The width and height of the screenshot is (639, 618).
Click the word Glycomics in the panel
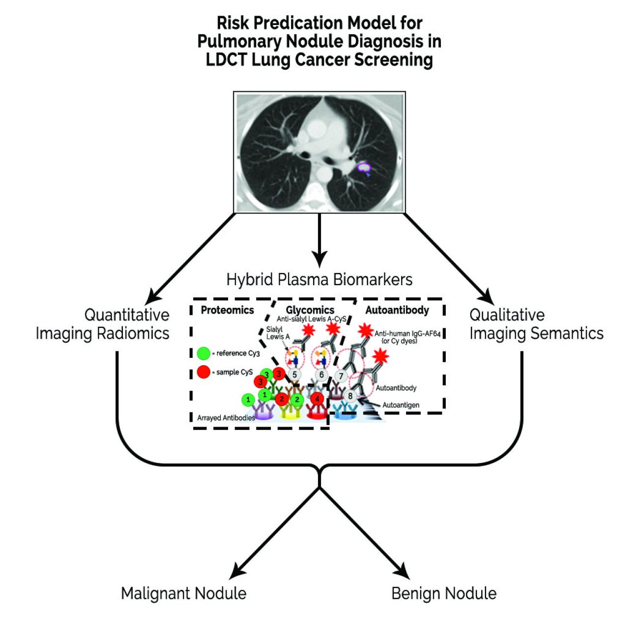[x=310, y=310]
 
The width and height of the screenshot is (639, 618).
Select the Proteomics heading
[x=227, y=310]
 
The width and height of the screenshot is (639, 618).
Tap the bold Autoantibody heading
[x=397, y=310]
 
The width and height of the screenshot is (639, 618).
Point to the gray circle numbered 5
[x=294, y=375]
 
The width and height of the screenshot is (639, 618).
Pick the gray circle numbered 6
[x=321, y=375]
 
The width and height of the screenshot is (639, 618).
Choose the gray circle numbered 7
[x=341, y=376]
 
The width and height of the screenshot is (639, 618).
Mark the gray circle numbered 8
[x=350, y=396]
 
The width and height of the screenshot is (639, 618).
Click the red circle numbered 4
[x=317, y=399]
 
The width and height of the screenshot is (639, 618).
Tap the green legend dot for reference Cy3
[x=203, y=353]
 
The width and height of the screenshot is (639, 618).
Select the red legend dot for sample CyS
[x=203, y=372]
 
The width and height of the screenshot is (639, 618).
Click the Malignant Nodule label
[x=183, y=593]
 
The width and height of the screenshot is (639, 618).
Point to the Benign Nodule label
[x=444, y=593]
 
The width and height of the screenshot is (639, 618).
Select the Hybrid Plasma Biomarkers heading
[x=319, y=280]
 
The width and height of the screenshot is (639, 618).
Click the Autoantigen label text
[x=401, y=405]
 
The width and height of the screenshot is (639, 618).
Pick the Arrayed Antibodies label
[x=226, y=418]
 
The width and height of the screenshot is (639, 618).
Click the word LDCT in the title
[x=226, y=60]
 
